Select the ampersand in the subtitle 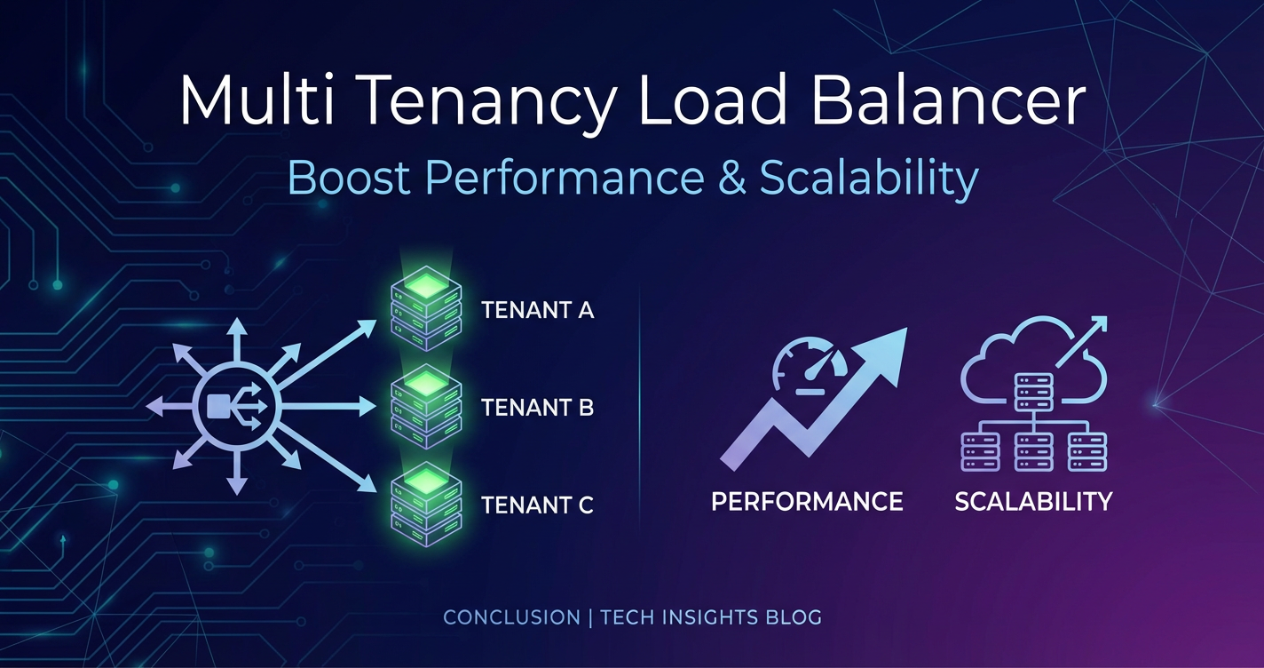click(732, 177)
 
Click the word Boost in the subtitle click(349, 178)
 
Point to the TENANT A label click(538, 310)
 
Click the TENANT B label click(538, 407)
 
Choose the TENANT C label click(538, 505)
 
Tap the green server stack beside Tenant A click(426, 307)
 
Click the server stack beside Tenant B click(426, 406)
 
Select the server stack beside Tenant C click(426, 505)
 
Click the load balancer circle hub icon click(237, 406)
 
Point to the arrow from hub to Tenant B click(328, 406)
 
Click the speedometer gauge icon click(810, 366)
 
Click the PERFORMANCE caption click(807, 501)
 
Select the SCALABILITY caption click(1033, 501)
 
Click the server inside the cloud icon click(1034, 392)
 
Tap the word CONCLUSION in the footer click(512, 617)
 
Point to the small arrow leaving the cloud click(1081, 342)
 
